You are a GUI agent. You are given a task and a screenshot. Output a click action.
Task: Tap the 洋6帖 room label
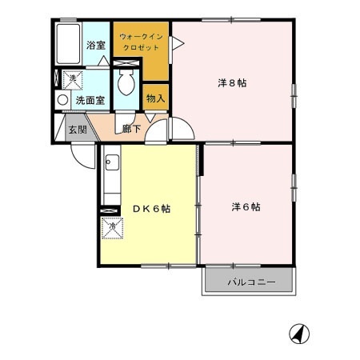[x=246, y=206]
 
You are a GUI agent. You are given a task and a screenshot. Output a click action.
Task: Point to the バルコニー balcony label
[x=250, y=282]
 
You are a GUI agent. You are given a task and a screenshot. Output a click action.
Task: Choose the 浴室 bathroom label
[x=96, y=46]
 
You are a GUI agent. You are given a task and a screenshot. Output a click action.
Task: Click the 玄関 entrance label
[x=77, y=129]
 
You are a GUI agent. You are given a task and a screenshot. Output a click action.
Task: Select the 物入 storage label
[x=155, y=98]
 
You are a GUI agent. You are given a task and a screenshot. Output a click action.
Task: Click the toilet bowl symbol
[x=126, y=84]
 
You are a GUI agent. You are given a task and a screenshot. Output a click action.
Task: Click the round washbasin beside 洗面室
[x=62, y=100]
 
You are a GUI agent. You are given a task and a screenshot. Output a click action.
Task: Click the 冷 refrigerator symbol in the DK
[x=111, y=228]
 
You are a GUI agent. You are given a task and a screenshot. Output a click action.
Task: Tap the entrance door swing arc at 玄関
[x=82, y=154]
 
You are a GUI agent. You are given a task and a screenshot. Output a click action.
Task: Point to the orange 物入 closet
[x=155, y=94]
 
